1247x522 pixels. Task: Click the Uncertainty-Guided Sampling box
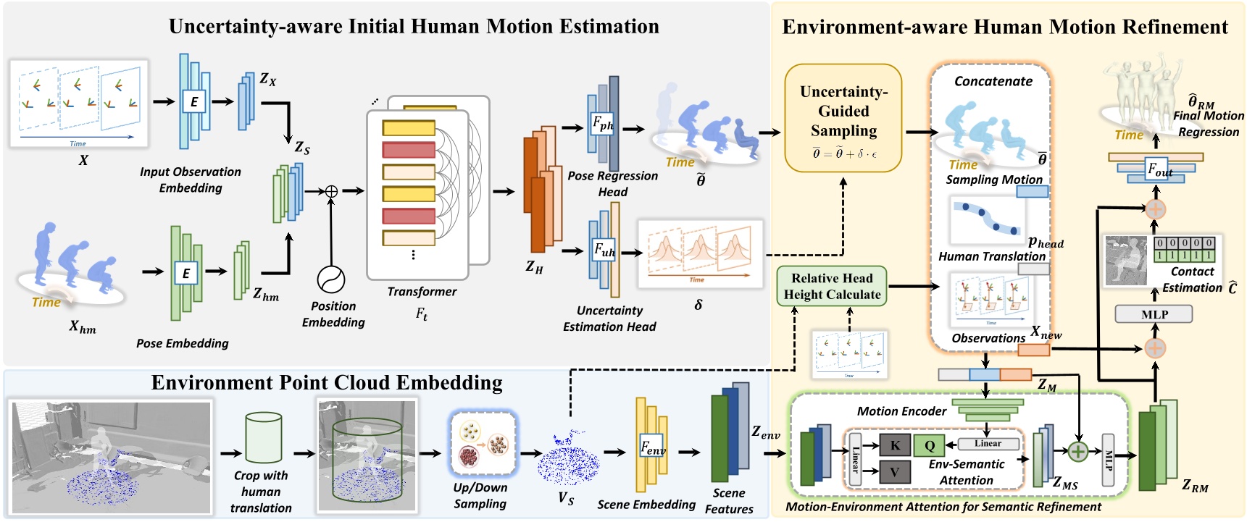coord(843,117)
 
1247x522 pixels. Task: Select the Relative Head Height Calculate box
coord(831,286)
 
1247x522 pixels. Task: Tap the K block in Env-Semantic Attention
coord(895,445)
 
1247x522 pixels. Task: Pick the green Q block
coord(929,445)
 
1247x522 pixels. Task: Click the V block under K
coord(895,473)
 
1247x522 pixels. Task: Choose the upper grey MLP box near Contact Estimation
coord(1154,314)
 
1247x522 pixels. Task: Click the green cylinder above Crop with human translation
coord(263,437)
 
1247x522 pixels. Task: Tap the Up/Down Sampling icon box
coord(481,443)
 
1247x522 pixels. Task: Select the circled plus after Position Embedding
coord(331,191)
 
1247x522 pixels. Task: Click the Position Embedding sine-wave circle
coord(331,279)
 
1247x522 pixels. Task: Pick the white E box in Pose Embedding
coord(185,273)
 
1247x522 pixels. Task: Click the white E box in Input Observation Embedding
coord(193,101)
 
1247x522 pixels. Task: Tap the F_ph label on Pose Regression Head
coord(602,123)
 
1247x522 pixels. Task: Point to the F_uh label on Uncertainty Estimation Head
coord(604,251)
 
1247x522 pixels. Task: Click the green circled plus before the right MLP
coord(1078,452)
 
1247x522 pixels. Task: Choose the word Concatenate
coord(993,81)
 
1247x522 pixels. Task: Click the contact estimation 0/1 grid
coord(1183,249)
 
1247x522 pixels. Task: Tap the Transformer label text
coord(422,292)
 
